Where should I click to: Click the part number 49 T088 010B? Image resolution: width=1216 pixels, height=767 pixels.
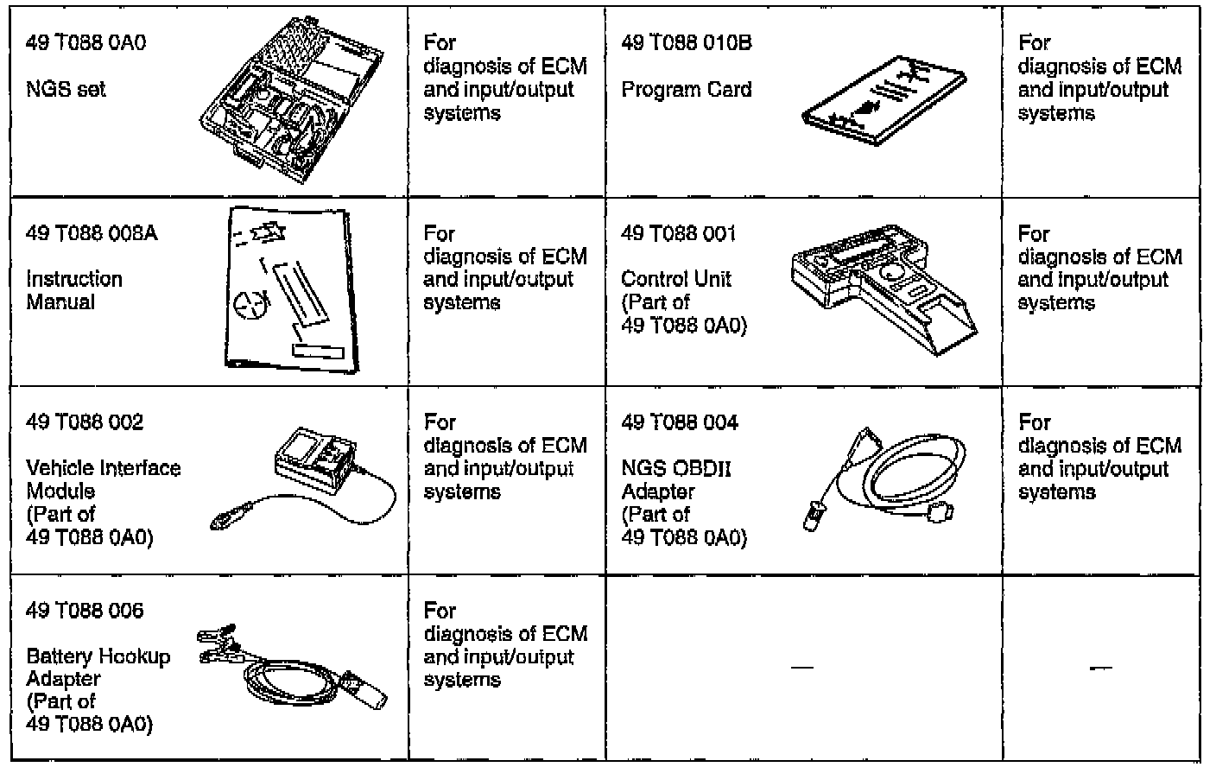(687, 43)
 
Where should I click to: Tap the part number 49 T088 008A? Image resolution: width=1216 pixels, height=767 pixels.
(92, 233)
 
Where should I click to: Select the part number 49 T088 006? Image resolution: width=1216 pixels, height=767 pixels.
(85, 611)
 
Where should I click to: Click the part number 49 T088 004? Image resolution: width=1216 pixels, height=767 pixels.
(680, 422)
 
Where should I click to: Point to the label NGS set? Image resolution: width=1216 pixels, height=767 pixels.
(66, 89)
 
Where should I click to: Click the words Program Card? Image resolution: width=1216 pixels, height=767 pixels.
(687, 89)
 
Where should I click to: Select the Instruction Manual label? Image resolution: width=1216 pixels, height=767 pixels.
(74, 290)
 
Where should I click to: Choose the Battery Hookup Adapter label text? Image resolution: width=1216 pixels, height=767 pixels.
(98, 668)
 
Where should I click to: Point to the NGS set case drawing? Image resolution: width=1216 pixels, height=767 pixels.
(294, 100)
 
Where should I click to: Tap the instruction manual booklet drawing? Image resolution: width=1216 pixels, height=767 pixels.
(289, 289)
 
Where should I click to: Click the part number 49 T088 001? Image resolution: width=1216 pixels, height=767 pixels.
(679, 233)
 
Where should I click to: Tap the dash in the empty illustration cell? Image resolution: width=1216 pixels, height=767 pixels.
(802, 668)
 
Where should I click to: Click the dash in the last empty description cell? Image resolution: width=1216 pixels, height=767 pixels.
(1100, 668)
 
